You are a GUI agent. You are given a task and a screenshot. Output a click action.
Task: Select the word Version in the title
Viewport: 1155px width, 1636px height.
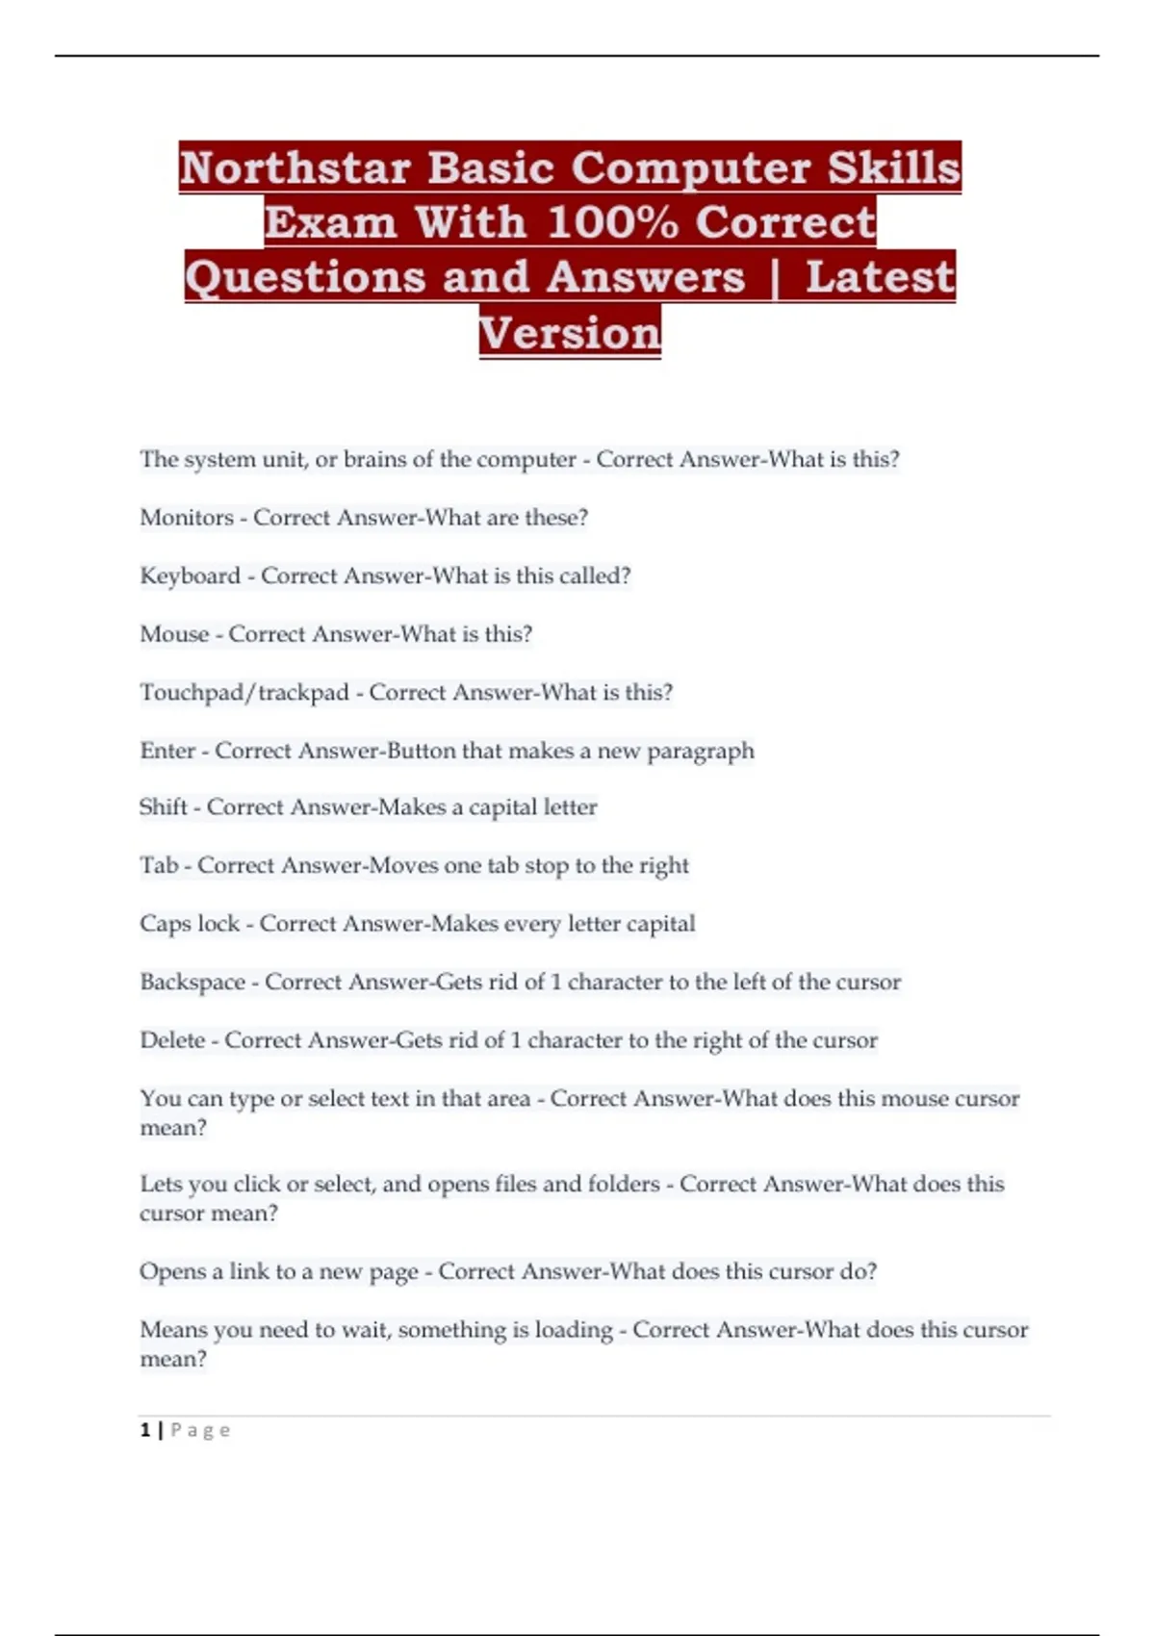click(x=570, y=333)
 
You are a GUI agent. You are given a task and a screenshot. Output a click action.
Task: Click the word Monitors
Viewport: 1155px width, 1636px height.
click(x=187, y=518)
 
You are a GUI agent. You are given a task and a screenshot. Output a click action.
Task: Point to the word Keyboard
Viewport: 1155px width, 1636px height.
click(x=190, y=575)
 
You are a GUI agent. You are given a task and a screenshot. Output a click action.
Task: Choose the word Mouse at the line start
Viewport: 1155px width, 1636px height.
click(x=174, y=634)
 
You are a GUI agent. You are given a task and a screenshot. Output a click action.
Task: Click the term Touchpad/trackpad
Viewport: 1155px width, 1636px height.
click(x=244, y=693)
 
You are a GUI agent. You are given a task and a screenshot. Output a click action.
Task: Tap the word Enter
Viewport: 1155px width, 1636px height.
click(x=167, y=751)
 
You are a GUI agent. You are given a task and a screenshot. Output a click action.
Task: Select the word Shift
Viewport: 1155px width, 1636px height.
click(x=164, y=806)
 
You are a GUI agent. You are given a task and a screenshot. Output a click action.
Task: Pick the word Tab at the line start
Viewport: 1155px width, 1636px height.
click(x=159, y=865)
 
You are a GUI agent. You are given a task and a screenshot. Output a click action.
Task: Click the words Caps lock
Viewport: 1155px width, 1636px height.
click(x=190, y=924)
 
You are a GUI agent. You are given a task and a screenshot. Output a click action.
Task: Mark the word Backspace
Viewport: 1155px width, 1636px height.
click(x=192, y=983)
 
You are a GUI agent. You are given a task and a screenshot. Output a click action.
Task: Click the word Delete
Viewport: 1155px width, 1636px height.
click(x=172, y=1040)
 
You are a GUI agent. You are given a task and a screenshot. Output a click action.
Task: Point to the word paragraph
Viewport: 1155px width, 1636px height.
click(x=700, y=752)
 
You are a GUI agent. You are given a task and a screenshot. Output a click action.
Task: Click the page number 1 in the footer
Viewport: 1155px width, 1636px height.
click(x=145, y=1430)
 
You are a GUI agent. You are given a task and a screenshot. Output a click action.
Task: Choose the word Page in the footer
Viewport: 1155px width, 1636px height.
click(x=200, y=1430)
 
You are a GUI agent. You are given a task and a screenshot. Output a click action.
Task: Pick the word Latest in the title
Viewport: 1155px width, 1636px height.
click(x=880, y=277)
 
